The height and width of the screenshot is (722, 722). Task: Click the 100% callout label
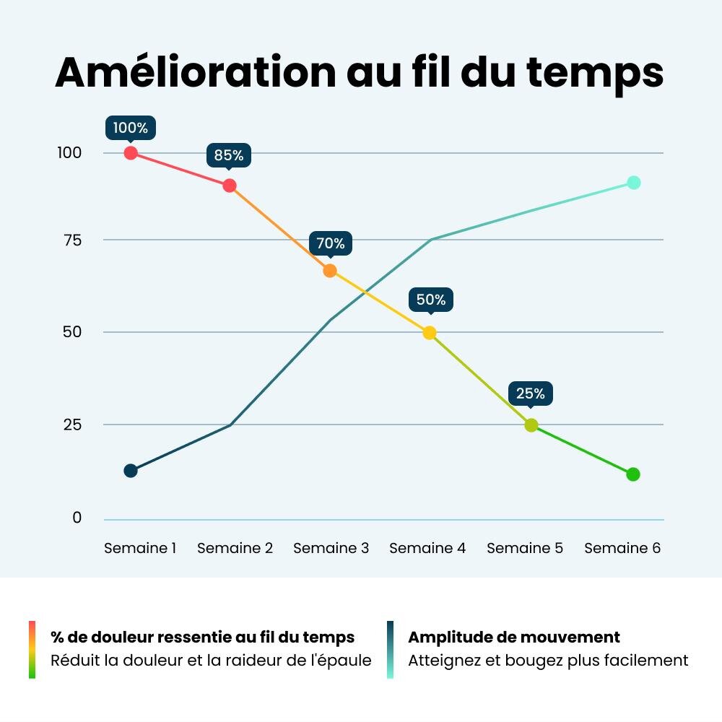point(130,128)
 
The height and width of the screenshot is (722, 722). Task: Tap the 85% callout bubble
point(229,155)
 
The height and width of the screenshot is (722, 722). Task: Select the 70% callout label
point(331,243)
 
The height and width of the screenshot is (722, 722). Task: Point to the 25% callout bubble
point(531,393)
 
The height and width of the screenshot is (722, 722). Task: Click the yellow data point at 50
point(429,332)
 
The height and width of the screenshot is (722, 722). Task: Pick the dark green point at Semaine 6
point(633,474)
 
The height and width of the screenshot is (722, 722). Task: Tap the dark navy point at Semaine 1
point(131,471)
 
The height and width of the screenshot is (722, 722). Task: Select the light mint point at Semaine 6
point(634,183)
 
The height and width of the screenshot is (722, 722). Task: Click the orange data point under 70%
point(330,271)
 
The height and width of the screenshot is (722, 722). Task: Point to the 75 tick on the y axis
point(73,240)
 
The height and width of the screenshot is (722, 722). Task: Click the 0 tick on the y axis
point(77,518)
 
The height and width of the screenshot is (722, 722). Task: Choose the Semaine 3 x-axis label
point(331,548)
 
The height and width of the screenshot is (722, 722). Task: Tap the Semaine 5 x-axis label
point(525,548)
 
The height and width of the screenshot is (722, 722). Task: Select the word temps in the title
point(595,74)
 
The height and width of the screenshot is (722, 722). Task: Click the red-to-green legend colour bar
point(32,650)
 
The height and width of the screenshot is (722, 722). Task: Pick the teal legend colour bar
point(390,650)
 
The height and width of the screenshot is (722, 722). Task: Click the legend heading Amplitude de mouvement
point(514,638)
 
